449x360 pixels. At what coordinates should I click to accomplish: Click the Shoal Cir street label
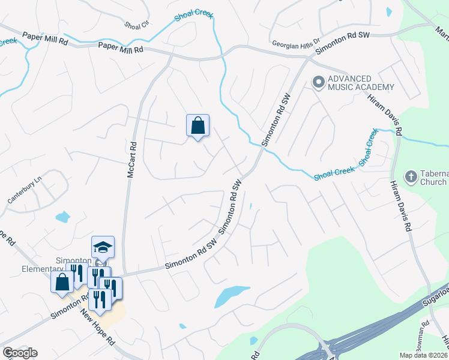[x=136, y=25]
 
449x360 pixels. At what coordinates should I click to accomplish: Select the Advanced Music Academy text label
[x=361, y=83]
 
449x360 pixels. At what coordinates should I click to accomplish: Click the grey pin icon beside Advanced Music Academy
[x=319, y=81]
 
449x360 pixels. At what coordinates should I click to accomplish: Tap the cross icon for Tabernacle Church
[x=411, y=176]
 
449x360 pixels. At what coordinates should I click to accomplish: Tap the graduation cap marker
[x=103, y=247]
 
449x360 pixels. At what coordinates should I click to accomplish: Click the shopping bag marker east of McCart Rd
[x=197, y=125]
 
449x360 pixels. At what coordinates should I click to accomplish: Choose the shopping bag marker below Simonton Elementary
[x=62, y=281]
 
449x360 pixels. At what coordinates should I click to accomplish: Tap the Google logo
[x=20, y=353]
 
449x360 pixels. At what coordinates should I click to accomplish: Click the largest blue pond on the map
[x=232, y=295]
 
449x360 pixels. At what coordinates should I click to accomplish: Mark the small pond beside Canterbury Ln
[x=62, y=217]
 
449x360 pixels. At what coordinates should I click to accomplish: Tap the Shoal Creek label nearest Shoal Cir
[x=194, y=16]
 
